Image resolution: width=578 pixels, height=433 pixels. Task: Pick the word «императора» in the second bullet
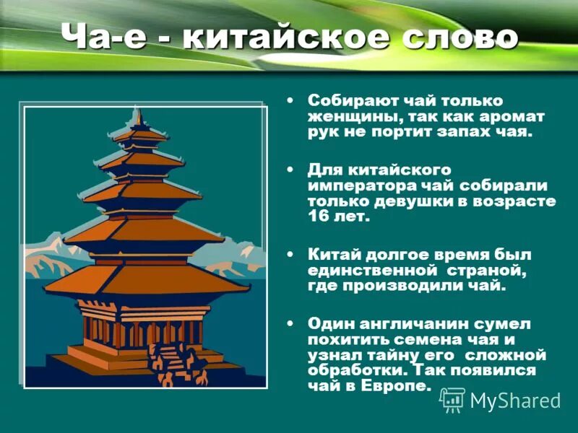click(355, 185)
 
